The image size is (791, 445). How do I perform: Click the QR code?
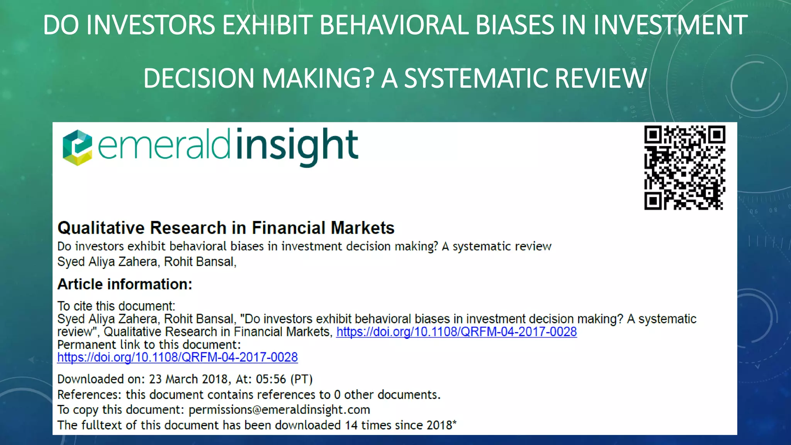point(684,168)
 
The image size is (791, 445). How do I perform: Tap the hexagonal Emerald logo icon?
point(77,148)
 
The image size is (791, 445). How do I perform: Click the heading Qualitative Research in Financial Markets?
point(226,228)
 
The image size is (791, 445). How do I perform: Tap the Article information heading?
point(125,284)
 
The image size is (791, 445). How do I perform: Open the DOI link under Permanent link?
point(177,357)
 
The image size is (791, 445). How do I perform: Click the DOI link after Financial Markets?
point(457,332)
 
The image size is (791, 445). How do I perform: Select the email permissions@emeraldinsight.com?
point(279,409)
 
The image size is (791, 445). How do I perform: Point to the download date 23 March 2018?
point(188,379)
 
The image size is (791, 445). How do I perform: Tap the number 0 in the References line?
point(337,395)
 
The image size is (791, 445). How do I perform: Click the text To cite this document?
point(116,306)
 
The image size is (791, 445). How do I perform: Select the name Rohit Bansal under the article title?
point(199,262)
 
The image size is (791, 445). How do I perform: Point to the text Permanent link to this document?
point(149,345)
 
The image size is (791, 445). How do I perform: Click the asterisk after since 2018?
point(455,423)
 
